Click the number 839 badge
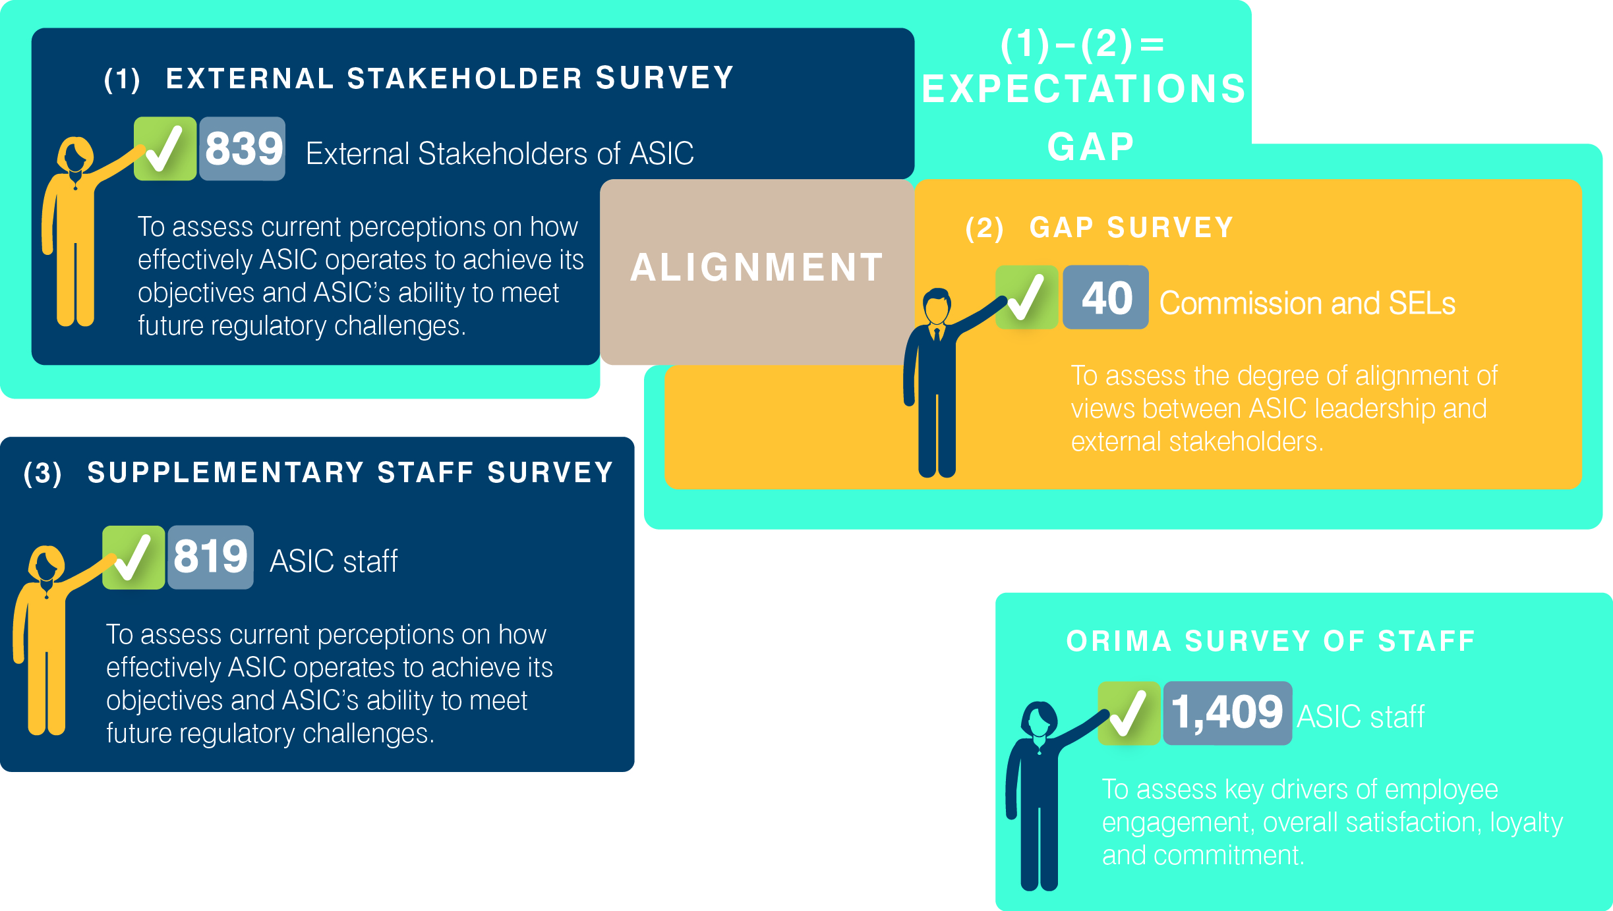tap(243, 149)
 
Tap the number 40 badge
tap(1105, 298)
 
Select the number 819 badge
tap(210, 557)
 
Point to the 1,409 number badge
tap(1227, 713)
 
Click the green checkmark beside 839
tap(165, 149)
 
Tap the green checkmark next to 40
tap(1026, 298)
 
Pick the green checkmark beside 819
tap(133, 557)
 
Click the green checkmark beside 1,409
tap(1129, 713)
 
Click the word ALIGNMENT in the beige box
tap(757, 267)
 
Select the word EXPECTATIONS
tap(1084, 89)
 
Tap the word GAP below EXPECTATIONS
tap(1091, 147)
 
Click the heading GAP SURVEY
tap(1131, 228)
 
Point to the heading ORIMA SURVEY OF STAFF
tap(1271, 641)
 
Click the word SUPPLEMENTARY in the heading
tap(226, 472)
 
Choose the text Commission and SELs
tap(1307, 304)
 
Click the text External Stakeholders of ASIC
tap(500, 154)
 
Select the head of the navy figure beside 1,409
tap(1039, 719)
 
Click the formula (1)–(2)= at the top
tap(1083, 44)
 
